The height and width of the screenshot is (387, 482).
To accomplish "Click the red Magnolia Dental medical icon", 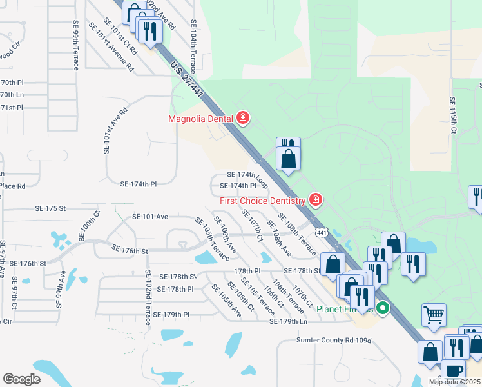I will click(243, 117).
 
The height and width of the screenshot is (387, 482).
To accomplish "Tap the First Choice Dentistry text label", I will click(262, 201).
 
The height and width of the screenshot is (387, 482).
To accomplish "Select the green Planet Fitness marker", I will click(383, 308).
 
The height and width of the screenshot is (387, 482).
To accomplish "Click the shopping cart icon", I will click(434, 315).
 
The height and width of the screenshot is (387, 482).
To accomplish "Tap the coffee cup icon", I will click(453, 372).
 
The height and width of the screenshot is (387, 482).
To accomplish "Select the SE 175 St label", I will click(51, 208).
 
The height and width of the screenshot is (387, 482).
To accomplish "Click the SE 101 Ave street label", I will click(149, 217).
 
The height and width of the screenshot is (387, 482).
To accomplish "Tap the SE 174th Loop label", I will click(247, 175).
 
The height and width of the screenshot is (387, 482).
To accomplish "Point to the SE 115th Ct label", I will click(453, 117).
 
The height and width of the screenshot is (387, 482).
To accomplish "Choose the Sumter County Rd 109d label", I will click(334, 340).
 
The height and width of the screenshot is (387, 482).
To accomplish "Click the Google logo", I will click(22, 379).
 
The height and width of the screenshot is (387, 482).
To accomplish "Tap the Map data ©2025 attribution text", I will click(454, 382).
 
